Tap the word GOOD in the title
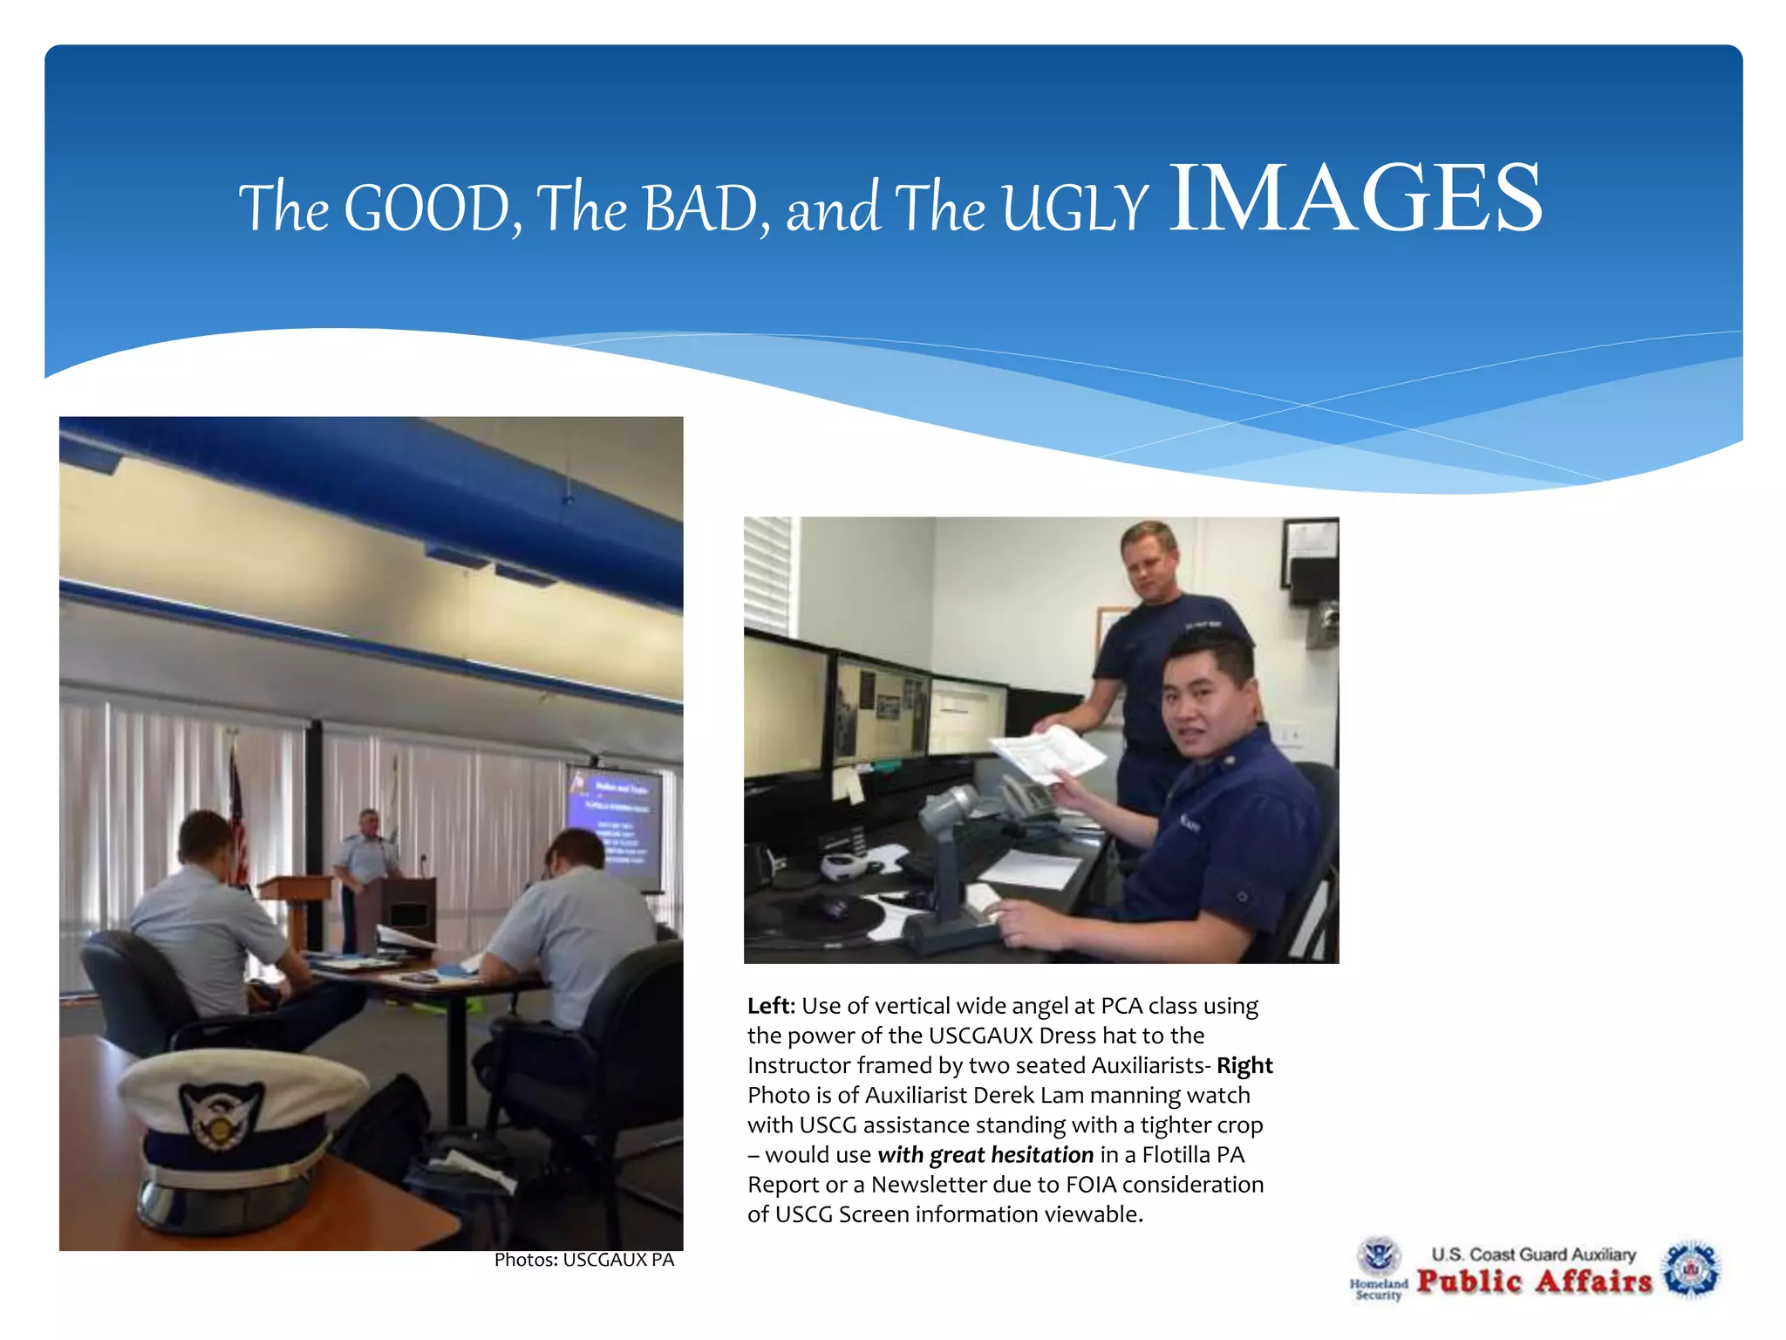coord(427,209)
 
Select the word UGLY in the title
coord(1074,209)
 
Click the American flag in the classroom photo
coord(237,820)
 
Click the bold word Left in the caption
coord(770,1006)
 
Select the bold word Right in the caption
coord(1244,1065)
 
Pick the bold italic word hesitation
coord(1041,1155)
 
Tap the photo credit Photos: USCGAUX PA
coord(583,1260)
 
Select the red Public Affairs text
coord(1534,1281)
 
